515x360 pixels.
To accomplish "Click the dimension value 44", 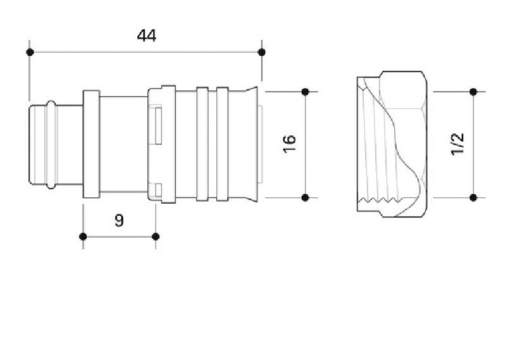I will (146, 35).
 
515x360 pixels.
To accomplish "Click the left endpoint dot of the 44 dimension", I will (29, 52).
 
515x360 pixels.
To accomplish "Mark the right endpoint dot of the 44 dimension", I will (262, 52).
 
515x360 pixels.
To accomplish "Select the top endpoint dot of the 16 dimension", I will (305, 92).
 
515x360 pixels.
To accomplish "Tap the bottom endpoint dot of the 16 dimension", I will (305, 198).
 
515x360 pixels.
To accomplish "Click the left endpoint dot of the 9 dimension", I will (83, 237).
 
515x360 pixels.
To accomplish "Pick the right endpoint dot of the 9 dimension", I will (156, 237).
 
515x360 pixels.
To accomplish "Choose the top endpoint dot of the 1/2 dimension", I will (473, 92).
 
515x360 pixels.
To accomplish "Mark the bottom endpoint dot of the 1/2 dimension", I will (473, 198).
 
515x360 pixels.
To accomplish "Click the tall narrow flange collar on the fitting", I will (92, 144).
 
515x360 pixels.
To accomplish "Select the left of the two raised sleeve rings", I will (202, 144).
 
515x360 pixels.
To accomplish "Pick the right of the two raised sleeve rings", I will (222, 144).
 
